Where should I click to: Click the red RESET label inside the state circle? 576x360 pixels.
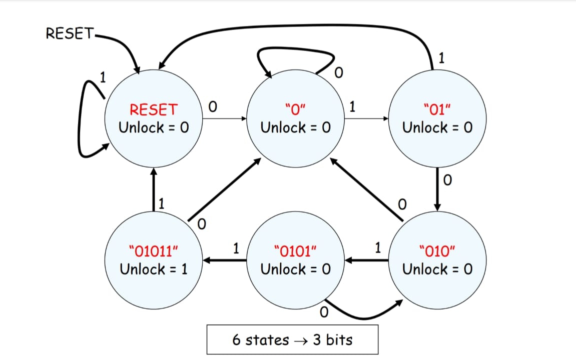154,109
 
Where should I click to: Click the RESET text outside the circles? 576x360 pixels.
69,33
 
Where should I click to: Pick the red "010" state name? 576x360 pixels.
437,251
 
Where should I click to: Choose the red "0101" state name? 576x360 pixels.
295,251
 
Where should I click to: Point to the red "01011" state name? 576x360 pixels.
154,251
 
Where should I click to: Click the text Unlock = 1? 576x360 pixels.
154,269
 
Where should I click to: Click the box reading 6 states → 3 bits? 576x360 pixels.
292,340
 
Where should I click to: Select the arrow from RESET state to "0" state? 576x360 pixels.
225,119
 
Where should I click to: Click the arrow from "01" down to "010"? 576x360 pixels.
437,190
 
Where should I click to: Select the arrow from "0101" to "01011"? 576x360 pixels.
225,260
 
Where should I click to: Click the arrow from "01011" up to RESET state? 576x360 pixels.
154,190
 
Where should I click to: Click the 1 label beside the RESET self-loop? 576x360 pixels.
103,77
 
